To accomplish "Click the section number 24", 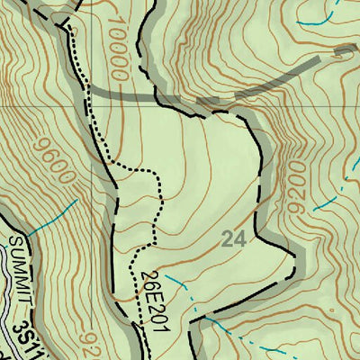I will click(x=232, y=239).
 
